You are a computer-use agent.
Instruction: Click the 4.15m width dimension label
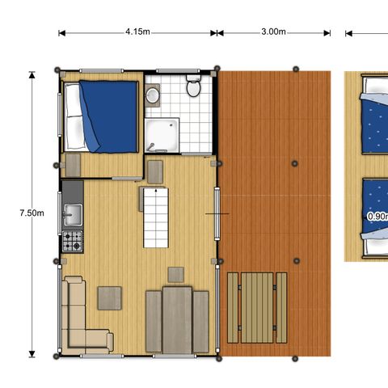pos(137,32)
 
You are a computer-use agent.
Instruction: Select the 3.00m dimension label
pos(273,32)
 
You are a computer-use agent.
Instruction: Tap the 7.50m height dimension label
pos(32,213)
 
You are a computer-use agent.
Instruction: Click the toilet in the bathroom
pos(194,86)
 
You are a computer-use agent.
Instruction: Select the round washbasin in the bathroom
pos(153,95)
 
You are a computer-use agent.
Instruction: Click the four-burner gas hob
pos(73,240)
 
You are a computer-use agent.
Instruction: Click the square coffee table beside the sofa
pos(110,298)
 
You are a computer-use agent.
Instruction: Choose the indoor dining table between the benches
pos(177,321)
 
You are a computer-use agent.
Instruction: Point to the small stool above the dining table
pos(175,274)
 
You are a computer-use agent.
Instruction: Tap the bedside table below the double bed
pos(73,165)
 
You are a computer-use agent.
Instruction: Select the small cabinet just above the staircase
pos(154,171)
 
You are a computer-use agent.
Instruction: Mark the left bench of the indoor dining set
pos(154,321)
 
